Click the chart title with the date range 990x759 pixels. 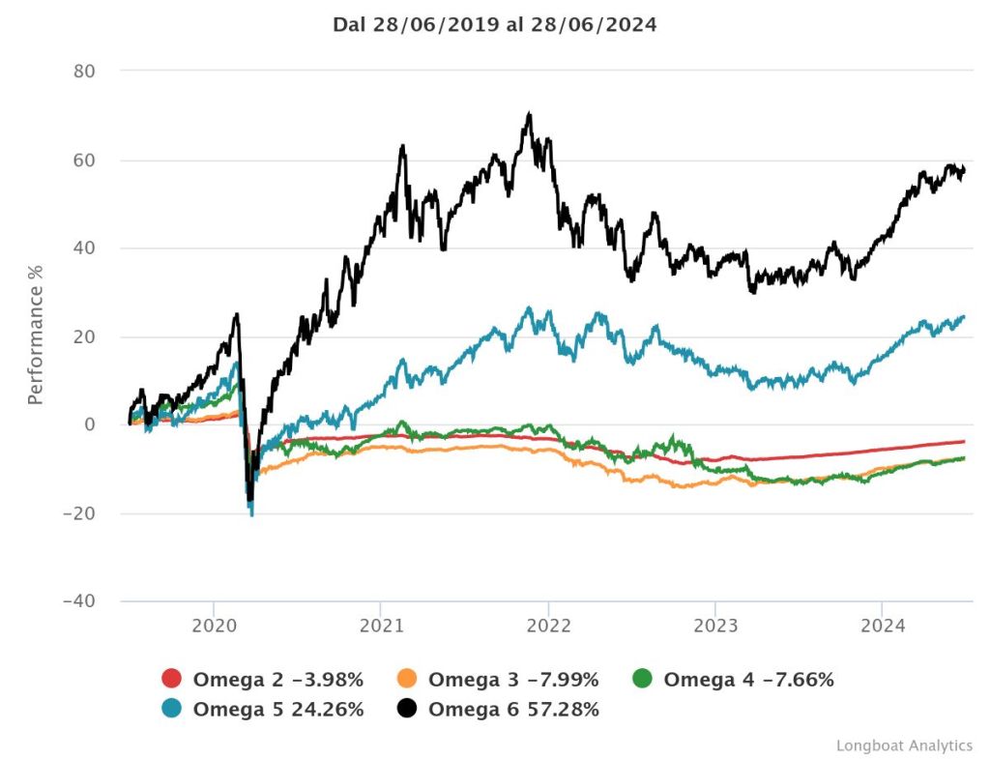pos(494,25)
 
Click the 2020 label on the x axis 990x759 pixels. pos(214,626)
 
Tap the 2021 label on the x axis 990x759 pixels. pos(381,626)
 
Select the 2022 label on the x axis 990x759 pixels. pos(548,626)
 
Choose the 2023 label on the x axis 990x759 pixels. pos(714,626)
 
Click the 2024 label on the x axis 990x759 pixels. pos(882,626)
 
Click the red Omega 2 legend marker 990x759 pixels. pos(172,680)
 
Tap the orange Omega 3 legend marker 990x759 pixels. pos(407,680)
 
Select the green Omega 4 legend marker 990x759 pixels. pos(642,680)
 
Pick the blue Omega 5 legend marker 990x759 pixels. pos(172,710)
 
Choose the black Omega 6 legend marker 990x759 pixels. pos(407,710)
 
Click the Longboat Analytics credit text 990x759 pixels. pos(904,745)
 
